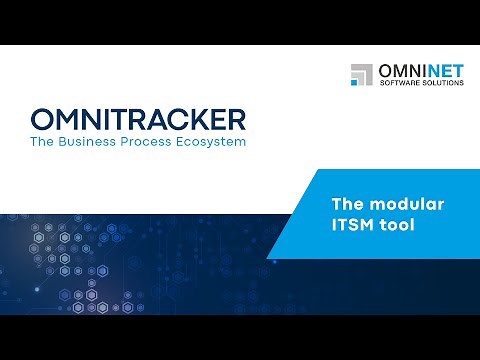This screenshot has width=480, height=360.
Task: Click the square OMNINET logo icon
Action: click(x=361, y=75)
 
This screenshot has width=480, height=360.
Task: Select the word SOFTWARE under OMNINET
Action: click(x=398, y=84)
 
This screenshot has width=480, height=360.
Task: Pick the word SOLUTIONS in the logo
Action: click(x=442, y=84)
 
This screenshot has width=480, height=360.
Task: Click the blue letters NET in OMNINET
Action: click(x=443, y=71)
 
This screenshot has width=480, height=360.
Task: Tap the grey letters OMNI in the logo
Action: click(x=400, y=71)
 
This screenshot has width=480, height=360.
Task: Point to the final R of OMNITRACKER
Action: click(x=233, y=120)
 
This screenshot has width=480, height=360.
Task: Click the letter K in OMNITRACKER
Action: click(x=190, y=120)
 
